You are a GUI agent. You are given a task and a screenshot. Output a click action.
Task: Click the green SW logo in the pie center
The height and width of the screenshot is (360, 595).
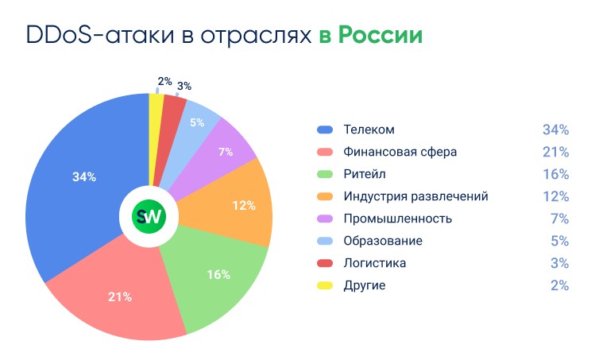(x=148, y=217)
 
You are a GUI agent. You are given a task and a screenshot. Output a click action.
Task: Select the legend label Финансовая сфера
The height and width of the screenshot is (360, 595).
(x=400, y=152)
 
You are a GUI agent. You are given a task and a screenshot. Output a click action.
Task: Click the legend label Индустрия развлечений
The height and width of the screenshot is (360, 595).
(x=415, y=196)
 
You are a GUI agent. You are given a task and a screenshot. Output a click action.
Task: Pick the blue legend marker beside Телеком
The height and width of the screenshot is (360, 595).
(x=324, y=130)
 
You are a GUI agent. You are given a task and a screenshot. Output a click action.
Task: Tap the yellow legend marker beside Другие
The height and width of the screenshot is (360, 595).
(x=324, y=285)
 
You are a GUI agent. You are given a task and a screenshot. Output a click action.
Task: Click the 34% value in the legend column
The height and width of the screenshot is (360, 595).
(x=555, y=130)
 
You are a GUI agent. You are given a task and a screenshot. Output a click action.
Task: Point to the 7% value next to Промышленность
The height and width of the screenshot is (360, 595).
(x=559, y=219)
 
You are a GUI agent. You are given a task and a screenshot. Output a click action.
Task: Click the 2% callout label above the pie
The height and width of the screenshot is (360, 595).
(x=164, y=81)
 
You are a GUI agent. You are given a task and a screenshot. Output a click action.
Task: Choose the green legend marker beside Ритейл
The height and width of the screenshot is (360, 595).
(x=324, y=174)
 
